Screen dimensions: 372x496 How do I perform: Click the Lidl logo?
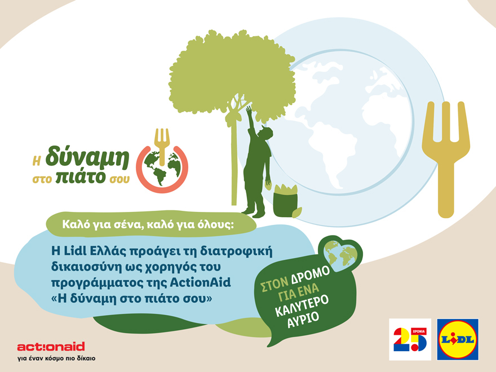tap(458, 339)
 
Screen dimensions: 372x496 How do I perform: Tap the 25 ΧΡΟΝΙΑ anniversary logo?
tap(410, 339)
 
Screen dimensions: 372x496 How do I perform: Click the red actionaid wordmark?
tap(51, 346)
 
